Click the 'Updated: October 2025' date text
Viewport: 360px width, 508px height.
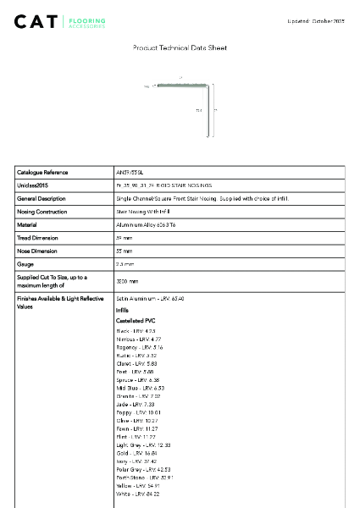pos(317,20)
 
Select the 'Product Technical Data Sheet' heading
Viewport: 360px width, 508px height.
pos(180,48)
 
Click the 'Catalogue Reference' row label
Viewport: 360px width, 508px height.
pos(42,172)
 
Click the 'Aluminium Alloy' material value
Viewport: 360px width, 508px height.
pos(145,225)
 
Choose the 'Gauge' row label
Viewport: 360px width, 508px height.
pos(25,264)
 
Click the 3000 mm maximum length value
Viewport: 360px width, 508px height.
pos(127,281)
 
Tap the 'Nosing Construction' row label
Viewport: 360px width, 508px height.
pos(42,212)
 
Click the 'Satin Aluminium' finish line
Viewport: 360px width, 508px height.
pos(150,299)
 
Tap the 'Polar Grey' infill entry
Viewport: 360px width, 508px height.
pos(143,469)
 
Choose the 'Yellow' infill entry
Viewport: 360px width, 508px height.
pos(138,485)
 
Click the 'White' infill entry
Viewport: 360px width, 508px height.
pos(137,494)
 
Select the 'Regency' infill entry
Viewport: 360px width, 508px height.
pos(139,347)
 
